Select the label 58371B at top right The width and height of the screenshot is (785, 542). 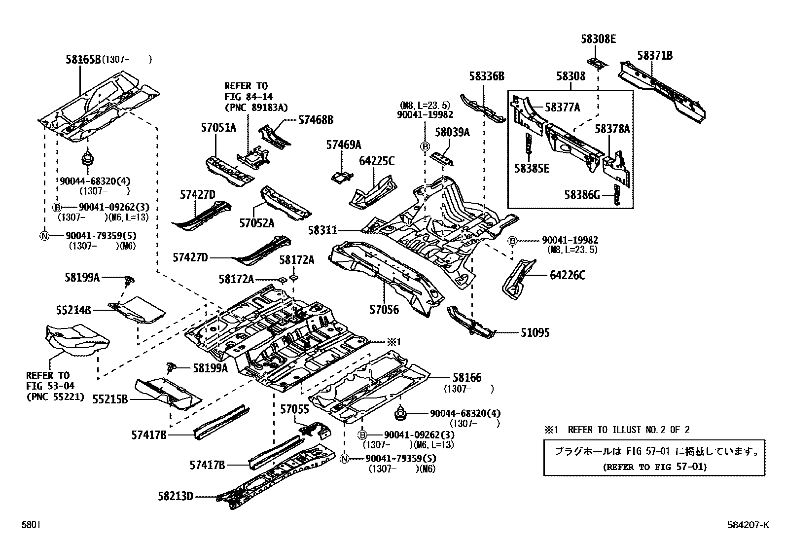654,56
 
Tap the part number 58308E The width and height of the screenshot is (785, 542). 598,39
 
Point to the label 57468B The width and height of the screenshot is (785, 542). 316,119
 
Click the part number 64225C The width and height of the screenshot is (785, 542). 377,161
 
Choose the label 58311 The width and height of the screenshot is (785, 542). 322,230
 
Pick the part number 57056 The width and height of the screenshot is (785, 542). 384,310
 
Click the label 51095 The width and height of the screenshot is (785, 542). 535,333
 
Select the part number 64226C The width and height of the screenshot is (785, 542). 568,275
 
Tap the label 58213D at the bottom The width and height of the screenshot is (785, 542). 176,496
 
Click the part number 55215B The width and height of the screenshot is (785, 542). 110,399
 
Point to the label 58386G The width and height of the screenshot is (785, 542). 582,195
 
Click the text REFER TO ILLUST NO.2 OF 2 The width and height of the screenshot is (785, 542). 629,430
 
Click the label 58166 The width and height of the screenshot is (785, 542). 466,378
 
